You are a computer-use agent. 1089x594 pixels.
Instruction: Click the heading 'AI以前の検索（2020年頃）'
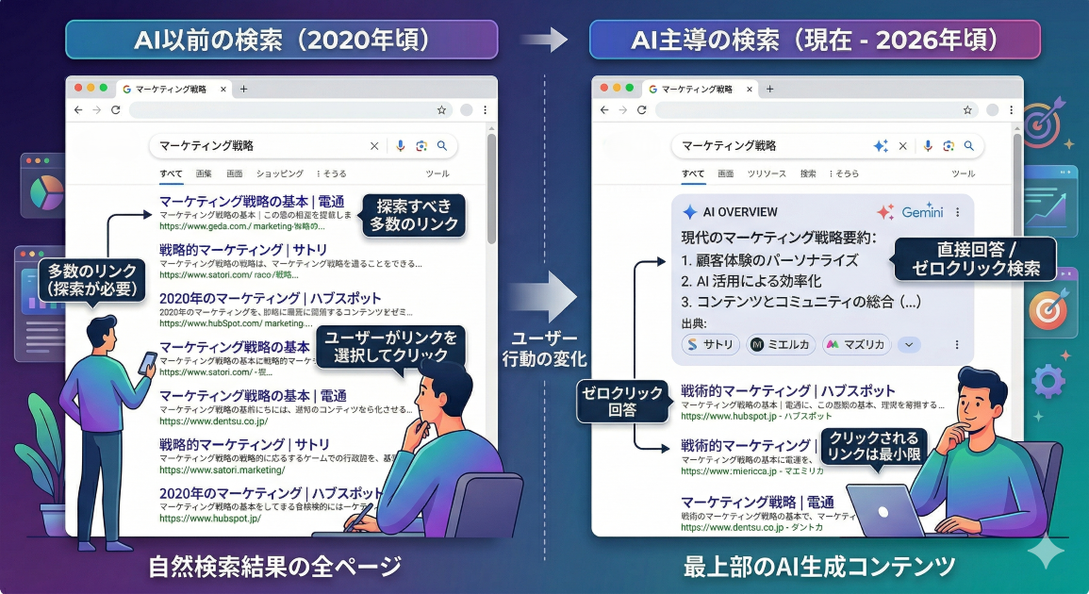coord(281,41)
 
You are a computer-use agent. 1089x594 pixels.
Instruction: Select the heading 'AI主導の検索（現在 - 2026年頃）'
coord(815,41)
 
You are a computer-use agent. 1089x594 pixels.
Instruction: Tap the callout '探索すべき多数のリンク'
coord(414,215)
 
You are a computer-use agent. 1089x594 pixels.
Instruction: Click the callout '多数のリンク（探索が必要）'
coord(91,278)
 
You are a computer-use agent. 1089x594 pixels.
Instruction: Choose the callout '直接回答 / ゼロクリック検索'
coord(975,258)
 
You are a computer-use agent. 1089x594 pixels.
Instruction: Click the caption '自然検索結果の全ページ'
coord(275,566)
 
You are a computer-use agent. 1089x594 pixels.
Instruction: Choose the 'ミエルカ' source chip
coord(781,345)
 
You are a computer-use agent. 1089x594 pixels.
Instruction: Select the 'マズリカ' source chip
coord(856,345)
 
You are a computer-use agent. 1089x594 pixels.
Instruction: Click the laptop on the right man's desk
coord(886,510)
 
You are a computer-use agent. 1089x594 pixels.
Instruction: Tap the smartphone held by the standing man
coord(148,362)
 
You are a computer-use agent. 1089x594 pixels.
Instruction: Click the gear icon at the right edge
coord(1048,381)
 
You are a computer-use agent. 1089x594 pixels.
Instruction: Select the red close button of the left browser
coord(78,88)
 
